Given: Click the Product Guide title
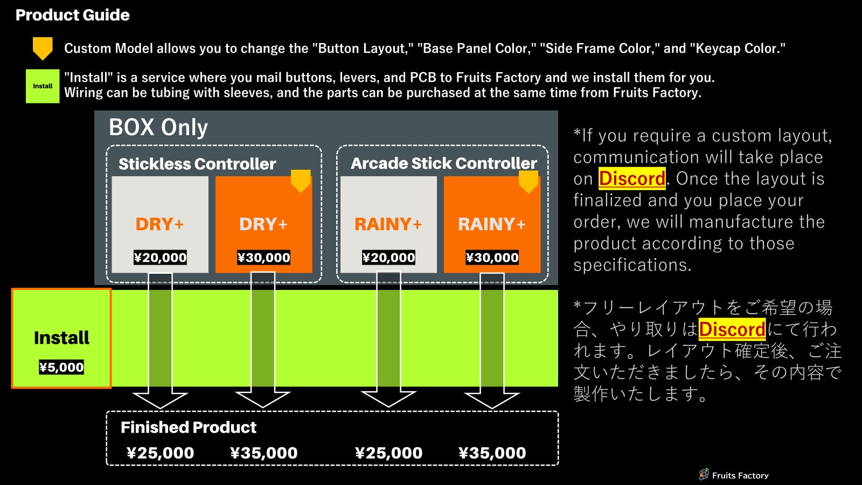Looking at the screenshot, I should coord(72,15).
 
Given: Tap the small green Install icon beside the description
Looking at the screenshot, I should coord(43,86).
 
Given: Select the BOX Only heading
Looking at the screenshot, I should coord(158,128).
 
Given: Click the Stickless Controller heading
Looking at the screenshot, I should coord(197,164).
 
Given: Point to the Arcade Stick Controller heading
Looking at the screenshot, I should coord(443,163).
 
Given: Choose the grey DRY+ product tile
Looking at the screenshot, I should coord(159,224).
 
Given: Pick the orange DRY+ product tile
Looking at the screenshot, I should coord(263,224).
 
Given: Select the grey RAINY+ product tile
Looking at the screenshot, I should coord(388,224).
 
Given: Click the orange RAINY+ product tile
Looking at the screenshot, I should coord(491,224).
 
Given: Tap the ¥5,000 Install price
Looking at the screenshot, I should coord(61,368).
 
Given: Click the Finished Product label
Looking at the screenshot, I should coord(189,427).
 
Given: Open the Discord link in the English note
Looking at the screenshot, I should coord(632,178).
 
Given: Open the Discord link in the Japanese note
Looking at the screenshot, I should coord(732,329).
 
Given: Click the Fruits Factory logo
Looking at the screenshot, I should coord(733,475).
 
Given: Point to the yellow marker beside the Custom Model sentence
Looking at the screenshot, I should coord(43,48).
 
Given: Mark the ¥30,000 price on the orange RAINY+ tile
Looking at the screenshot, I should coord(492,258).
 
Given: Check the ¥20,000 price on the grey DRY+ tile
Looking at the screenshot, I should coord(160,258).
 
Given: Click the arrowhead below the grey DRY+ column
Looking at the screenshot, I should coord(160,400).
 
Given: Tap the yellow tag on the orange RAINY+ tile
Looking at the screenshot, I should coord(528,182).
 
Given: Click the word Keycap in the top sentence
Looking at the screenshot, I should coord(718,48).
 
